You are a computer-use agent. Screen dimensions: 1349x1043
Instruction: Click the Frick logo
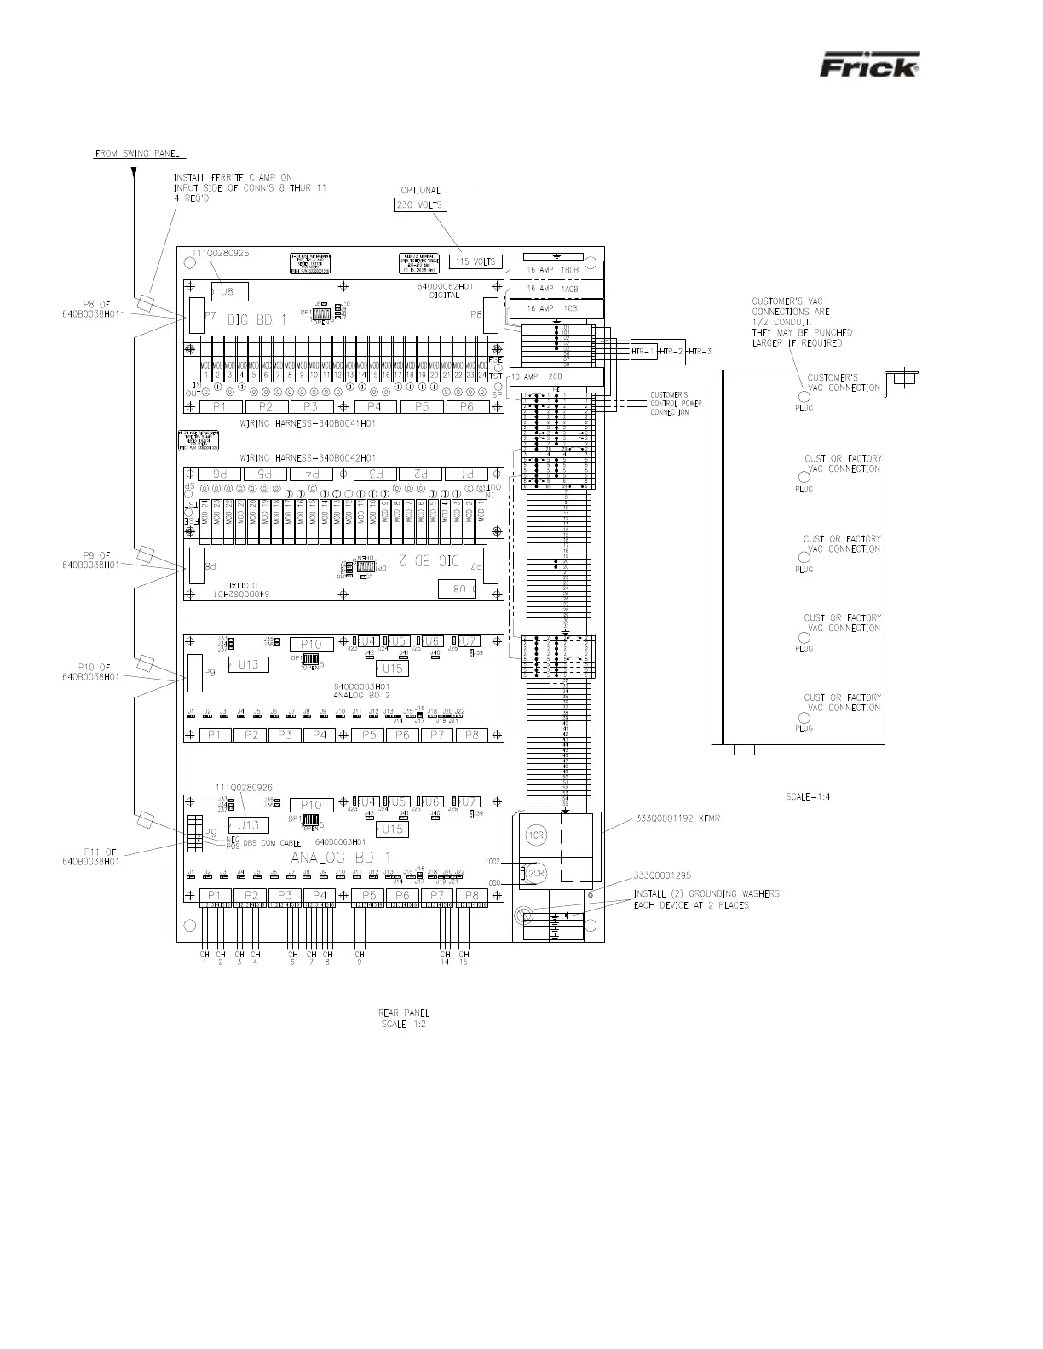869,66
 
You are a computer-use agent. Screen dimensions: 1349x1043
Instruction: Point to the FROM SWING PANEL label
133,153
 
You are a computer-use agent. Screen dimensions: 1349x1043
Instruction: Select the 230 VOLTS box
420,205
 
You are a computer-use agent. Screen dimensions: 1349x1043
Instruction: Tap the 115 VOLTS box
476,261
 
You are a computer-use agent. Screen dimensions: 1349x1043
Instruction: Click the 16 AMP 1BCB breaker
555,272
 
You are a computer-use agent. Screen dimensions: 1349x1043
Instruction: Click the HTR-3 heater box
700,351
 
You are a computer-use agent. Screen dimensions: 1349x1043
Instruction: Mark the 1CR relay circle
536,836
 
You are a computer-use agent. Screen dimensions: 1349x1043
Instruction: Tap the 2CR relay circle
536,875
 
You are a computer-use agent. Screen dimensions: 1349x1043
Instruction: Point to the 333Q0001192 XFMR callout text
677,818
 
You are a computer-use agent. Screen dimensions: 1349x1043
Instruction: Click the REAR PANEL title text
403,1013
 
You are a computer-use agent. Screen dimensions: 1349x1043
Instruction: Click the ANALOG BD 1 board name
341,857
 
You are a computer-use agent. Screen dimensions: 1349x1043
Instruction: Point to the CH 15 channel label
464,958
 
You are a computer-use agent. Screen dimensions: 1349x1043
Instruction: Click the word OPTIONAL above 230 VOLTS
420,190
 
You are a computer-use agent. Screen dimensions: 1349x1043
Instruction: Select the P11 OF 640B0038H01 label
90,856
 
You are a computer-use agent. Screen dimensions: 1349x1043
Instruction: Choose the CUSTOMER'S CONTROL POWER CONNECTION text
676,404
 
